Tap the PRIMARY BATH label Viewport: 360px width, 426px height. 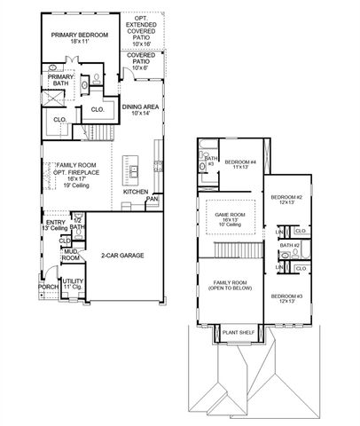point(61,81)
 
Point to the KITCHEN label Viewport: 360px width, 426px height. point(135,192)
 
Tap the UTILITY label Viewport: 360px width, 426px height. point(72,283)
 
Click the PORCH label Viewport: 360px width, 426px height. point(48,288)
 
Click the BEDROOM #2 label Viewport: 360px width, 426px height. point(286,200)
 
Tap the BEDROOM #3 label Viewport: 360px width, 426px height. point(286,298)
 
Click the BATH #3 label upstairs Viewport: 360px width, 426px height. point(211,162)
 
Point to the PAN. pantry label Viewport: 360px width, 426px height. point(152,200)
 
